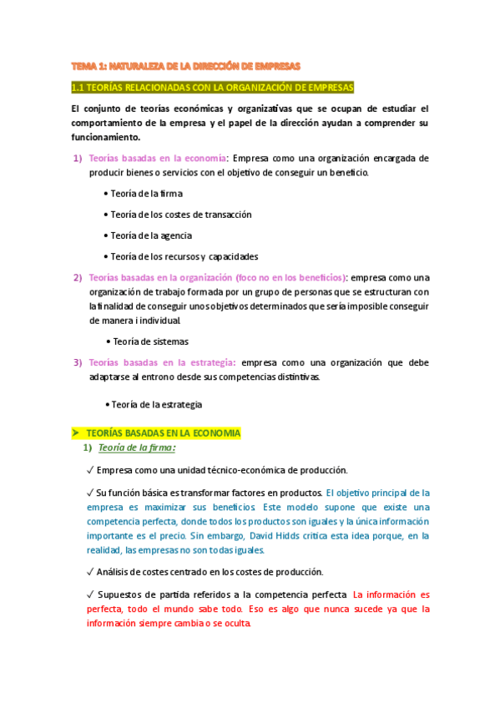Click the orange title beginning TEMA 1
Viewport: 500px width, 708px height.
coord(185,65)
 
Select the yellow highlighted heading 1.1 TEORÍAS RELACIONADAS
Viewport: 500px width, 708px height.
coord(213,88)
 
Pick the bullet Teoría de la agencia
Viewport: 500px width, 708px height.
coord(150,235)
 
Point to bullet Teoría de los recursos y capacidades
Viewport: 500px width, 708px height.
coord(184,256)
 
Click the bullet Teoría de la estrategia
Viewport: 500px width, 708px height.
coord(156,404)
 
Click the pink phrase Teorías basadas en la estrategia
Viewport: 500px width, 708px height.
coord(162,362)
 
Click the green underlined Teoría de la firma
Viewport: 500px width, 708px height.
coord(137,448)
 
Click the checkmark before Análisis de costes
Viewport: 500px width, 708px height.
coord(90,572)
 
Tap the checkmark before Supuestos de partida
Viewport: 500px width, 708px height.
coord(90,594)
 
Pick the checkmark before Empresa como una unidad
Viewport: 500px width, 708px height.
coord(90,470)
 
